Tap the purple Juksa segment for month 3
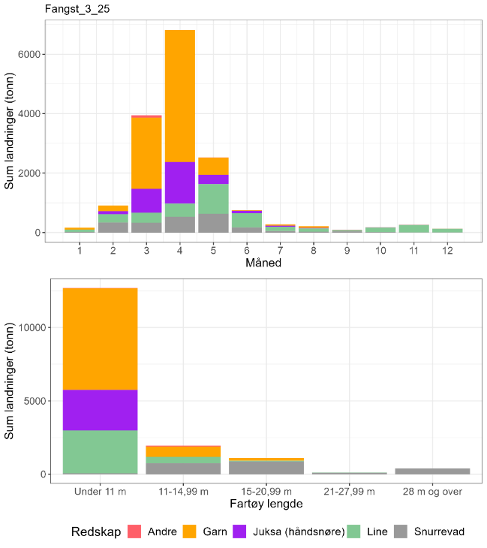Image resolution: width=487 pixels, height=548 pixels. [x=147, y=200]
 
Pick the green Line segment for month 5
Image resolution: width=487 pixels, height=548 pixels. [x=214, y=199]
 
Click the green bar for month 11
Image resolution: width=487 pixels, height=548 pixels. [x=413, y=228]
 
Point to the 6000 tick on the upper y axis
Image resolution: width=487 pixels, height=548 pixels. [x=29, y=54]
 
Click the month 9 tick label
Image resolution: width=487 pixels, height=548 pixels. [x=347, y=248]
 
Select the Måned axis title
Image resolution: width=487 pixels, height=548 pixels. [x=263, y=263]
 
